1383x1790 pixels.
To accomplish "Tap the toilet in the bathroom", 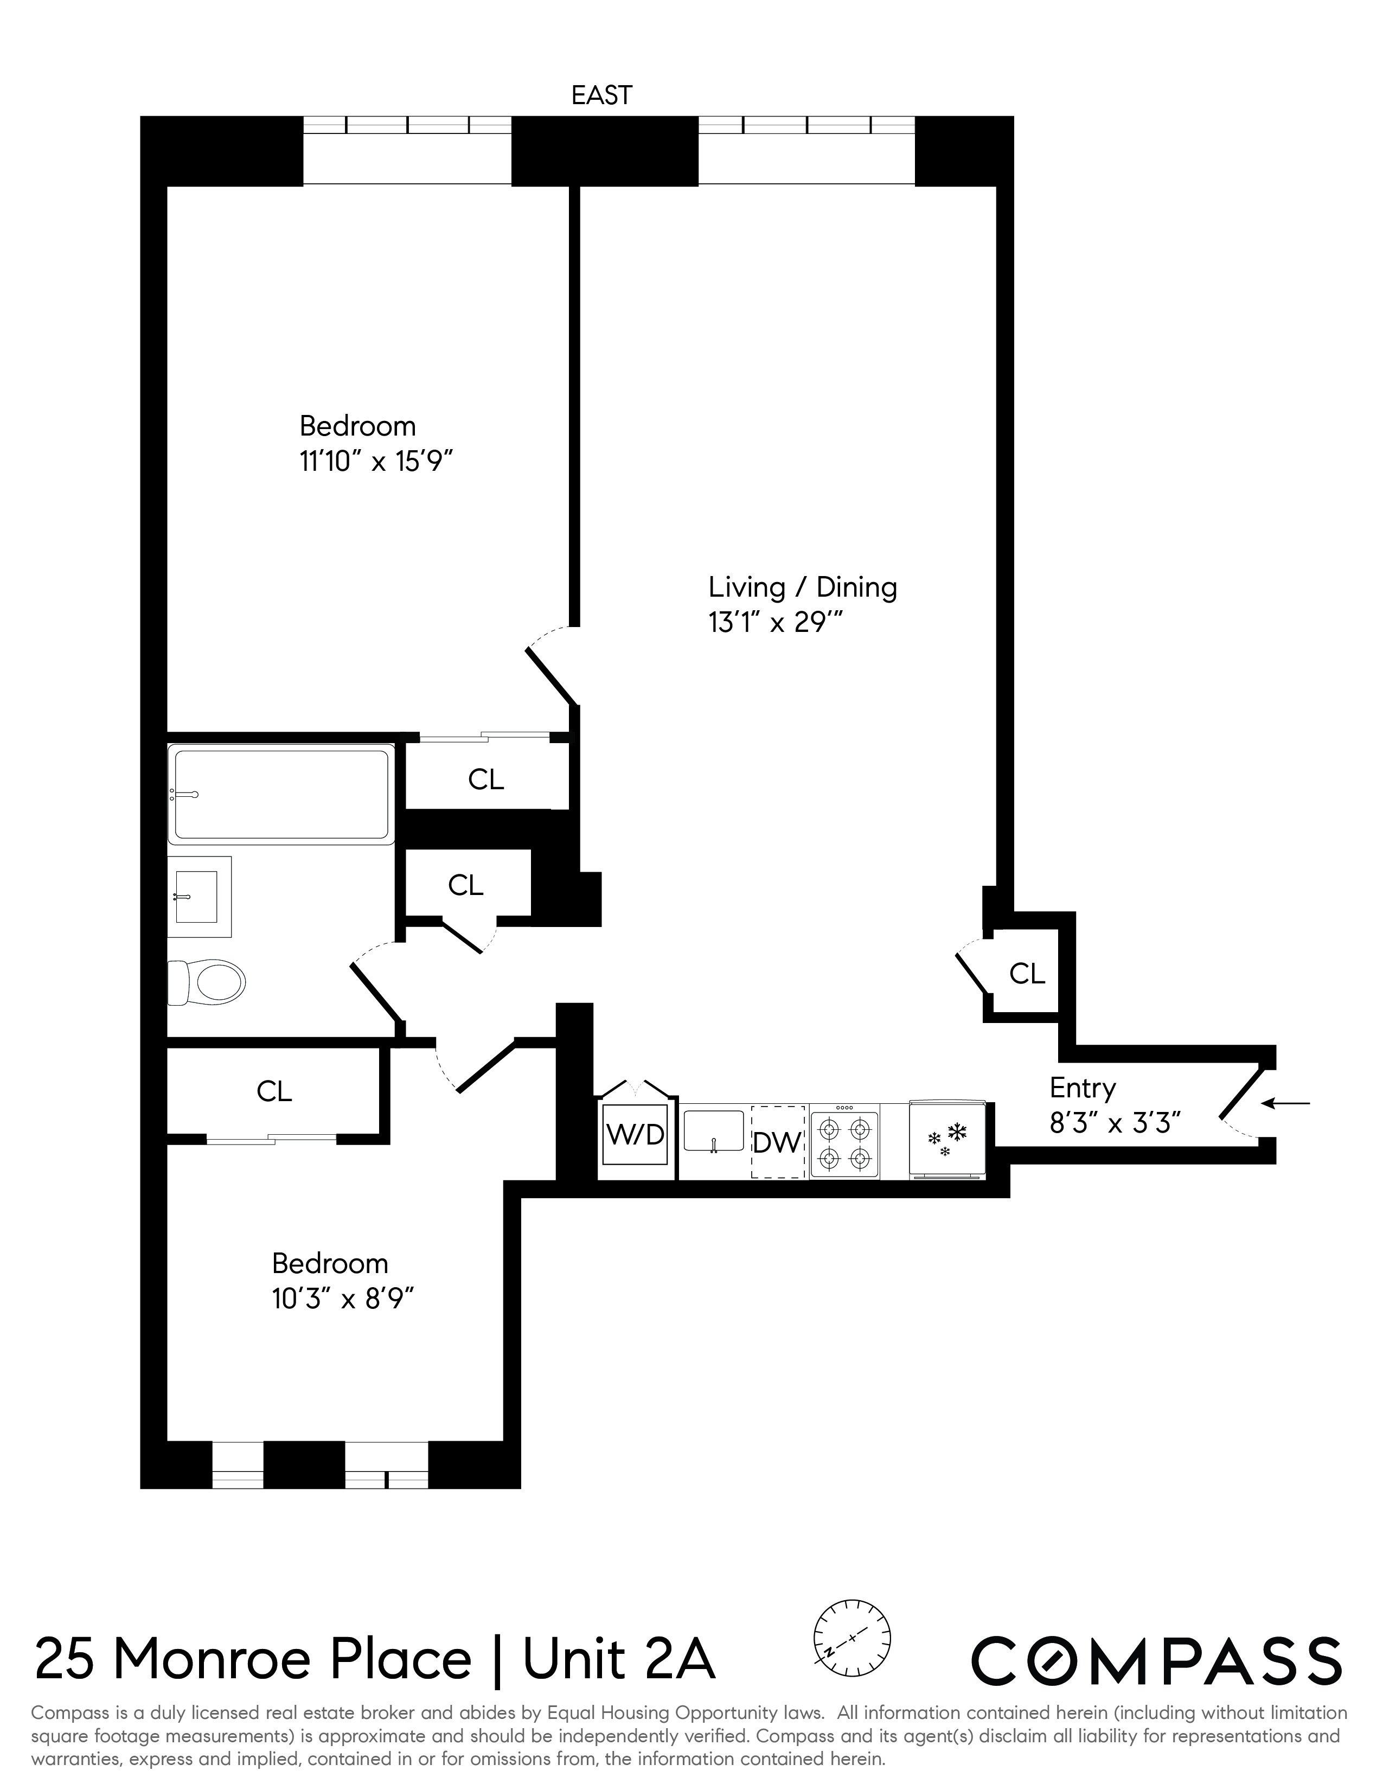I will [x=208, y=982].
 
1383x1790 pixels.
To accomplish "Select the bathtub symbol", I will [x=280, y=794].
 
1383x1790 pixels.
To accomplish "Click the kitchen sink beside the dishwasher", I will [x=714, y=1131].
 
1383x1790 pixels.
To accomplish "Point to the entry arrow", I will [x=1285, y=1103].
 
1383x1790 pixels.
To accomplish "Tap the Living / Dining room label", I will [x=802, y=587].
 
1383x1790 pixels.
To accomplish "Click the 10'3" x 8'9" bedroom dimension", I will [x=342, y=1299].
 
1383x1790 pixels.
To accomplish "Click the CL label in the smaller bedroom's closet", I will [x=274, y=1091].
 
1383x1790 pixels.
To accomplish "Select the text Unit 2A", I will [x=619, y=1660].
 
